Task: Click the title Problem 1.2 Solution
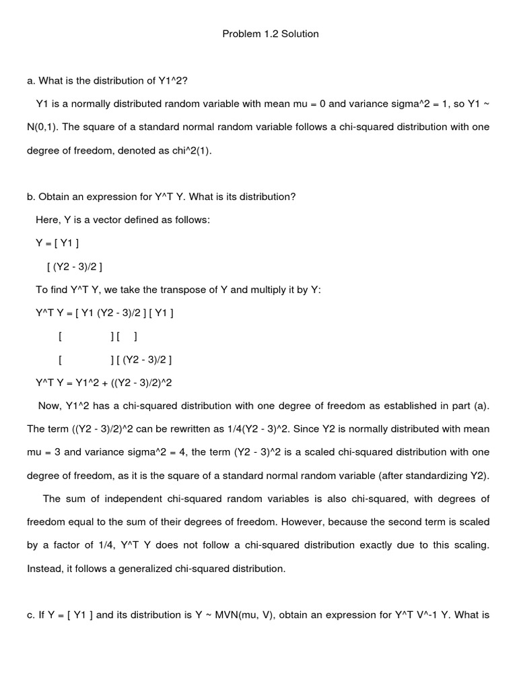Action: pos(271,34)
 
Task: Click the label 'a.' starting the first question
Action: pos(31,81)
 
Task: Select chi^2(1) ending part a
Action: pos(191,151)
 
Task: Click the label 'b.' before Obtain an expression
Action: pos(31,197)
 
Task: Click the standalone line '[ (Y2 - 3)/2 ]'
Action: pos(75,266)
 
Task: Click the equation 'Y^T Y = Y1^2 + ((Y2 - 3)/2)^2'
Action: pos(104,382)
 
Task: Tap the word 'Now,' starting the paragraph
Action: pos(51,406)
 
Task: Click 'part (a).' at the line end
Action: pos(469,406)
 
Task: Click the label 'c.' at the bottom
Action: pos(31,615)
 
